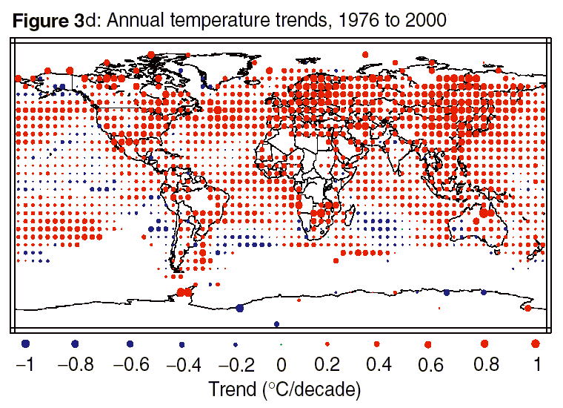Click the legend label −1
coord(25,364)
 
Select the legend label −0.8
coord(76,364)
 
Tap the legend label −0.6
coord(131,364)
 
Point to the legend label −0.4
coord(184,364)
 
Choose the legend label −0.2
coord(236,364)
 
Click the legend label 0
coord(281,364)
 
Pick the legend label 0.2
coord(327,364)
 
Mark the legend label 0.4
coord(379,364)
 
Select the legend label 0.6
coord(430,364)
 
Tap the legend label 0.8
coord(486,364)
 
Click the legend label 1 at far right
coord(537,364)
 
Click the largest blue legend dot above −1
coord(25,343)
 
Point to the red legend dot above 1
coord(536,343)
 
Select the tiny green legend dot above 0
coord(281,344)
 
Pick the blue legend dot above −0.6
coord(130,344)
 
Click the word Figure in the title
coord(41,21)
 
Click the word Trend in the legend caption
coord(232,389)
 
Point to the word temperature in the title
coord(220,21)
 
